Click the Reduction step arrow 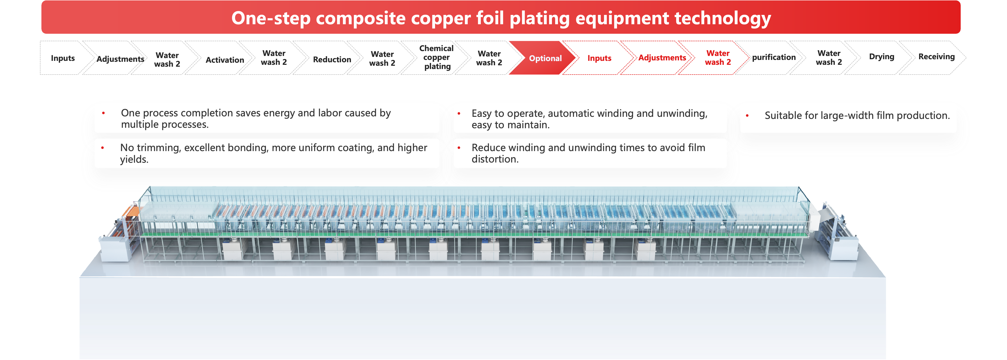(x=332, y=59)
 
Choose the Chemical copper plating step (x=437, y=57)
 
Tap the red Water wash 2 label (x=718, y=57)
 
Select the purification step (x=774, y=57)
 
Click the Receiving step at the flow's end (x=936, y=57)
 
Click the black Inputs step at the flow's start (x=63, y=58)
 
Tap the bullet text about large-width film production (x=857, y=116)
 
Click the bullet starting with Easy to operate (x=589, y=119)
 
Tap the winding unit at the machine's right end (x=840, y=235)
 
